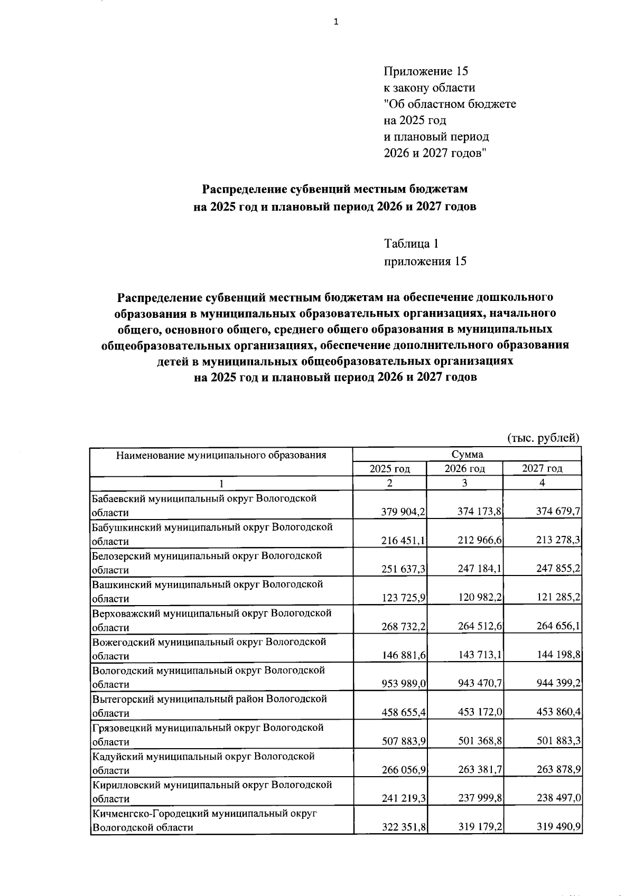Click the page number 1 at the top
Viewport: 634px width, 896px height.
335,22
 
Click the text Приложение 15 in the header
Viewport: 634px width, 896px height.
426,71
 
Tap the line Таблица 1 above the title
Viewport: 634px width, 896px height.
411,244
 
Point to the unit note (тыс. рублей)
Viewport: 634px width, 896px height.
543,438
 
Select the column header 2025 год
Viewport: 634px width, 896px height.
389,468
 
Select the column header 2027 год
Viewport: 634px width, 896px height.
542,468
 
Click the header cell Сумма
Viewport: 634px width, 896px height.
467,455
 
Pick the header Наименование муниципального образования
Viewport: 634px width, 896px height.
221,455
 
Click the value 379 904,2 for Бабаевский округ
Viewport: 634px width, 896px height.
404,512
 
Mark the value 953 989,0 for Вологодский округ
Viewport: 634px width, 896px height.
404,684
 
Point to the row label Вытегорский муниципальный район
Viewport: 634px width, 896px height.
209,699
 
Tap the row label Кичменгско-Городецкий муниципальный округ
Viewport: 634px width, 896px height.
204,814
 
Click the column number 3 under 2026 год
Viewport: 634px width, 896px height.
464,483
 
